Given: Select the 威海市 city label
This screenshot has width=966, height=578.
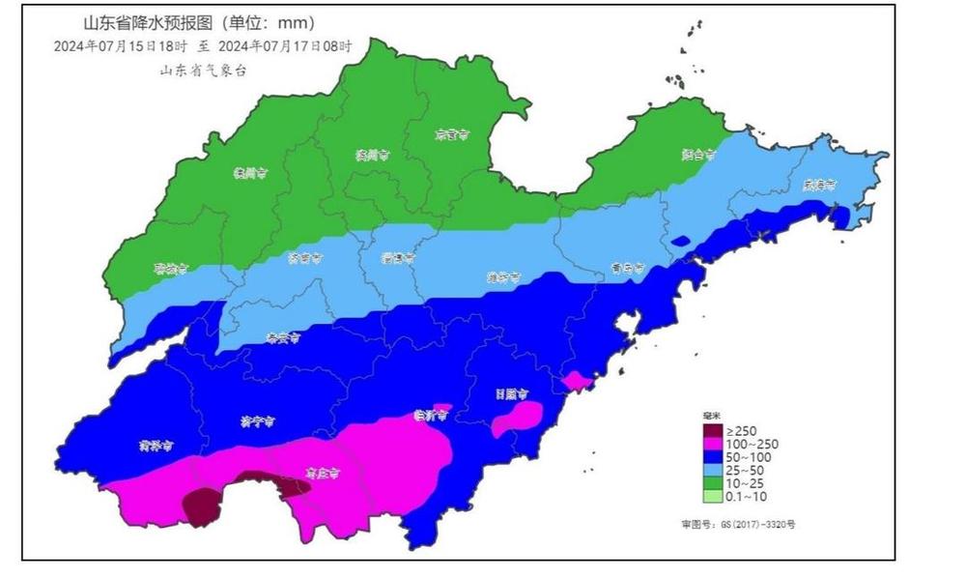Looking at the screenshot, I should [818, 187].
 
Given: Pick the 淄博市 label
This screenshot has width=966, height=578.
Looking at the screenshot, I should [397, 258].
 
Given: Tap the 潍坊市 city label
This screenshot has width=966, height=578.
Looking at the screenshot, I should [502, 277].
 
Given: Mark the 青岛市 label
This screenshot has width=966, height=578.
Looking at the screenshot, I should [627, 269].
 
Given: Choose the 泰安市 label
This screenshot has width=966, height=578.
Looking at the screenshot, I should [282, 338].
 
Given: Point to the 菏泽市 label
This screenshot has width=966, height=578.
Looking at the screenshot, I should [156, 447].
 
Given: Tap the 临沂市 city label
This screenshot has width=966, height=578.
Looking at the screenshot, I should [431, 416].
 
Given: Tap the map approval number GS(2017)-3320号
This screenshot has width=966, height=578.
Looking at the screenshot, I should [738, 524].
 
